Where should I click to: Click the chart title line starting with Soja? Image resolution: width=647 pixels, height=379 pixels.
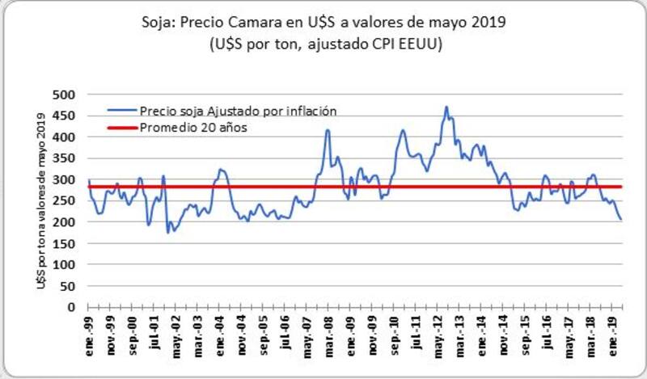coord(323,23)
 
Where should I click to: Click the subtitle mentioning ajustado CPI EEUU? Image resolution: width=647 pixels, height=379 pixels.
coord(323,45)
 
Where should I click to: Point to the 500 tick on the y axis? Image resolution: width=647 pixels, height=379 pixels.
coord(73,95)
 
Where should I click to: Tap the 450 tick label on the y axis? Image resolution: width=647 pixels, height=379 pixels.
coord(73,116)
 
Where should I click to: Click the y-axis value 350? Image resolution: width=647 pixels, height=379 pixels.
coord(73,158)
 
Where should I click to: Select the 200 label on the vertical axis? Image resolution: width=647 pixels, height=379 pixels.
coord(73,222)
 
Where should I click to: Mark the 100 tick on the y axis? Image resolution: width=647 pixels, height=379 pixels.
coord(73,264)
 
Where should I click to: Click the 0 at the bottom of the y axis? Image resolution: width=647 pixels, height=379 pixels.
coord(79,307)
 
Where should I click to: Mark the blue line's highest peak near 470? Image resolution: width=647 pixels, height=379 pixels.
coord(446,107)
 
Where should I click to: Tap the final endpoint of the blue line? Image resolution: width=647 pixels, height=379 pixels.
coord(622,220)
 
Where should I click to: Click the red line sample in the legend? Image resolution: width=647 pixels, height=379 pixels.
coord(121,126)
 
